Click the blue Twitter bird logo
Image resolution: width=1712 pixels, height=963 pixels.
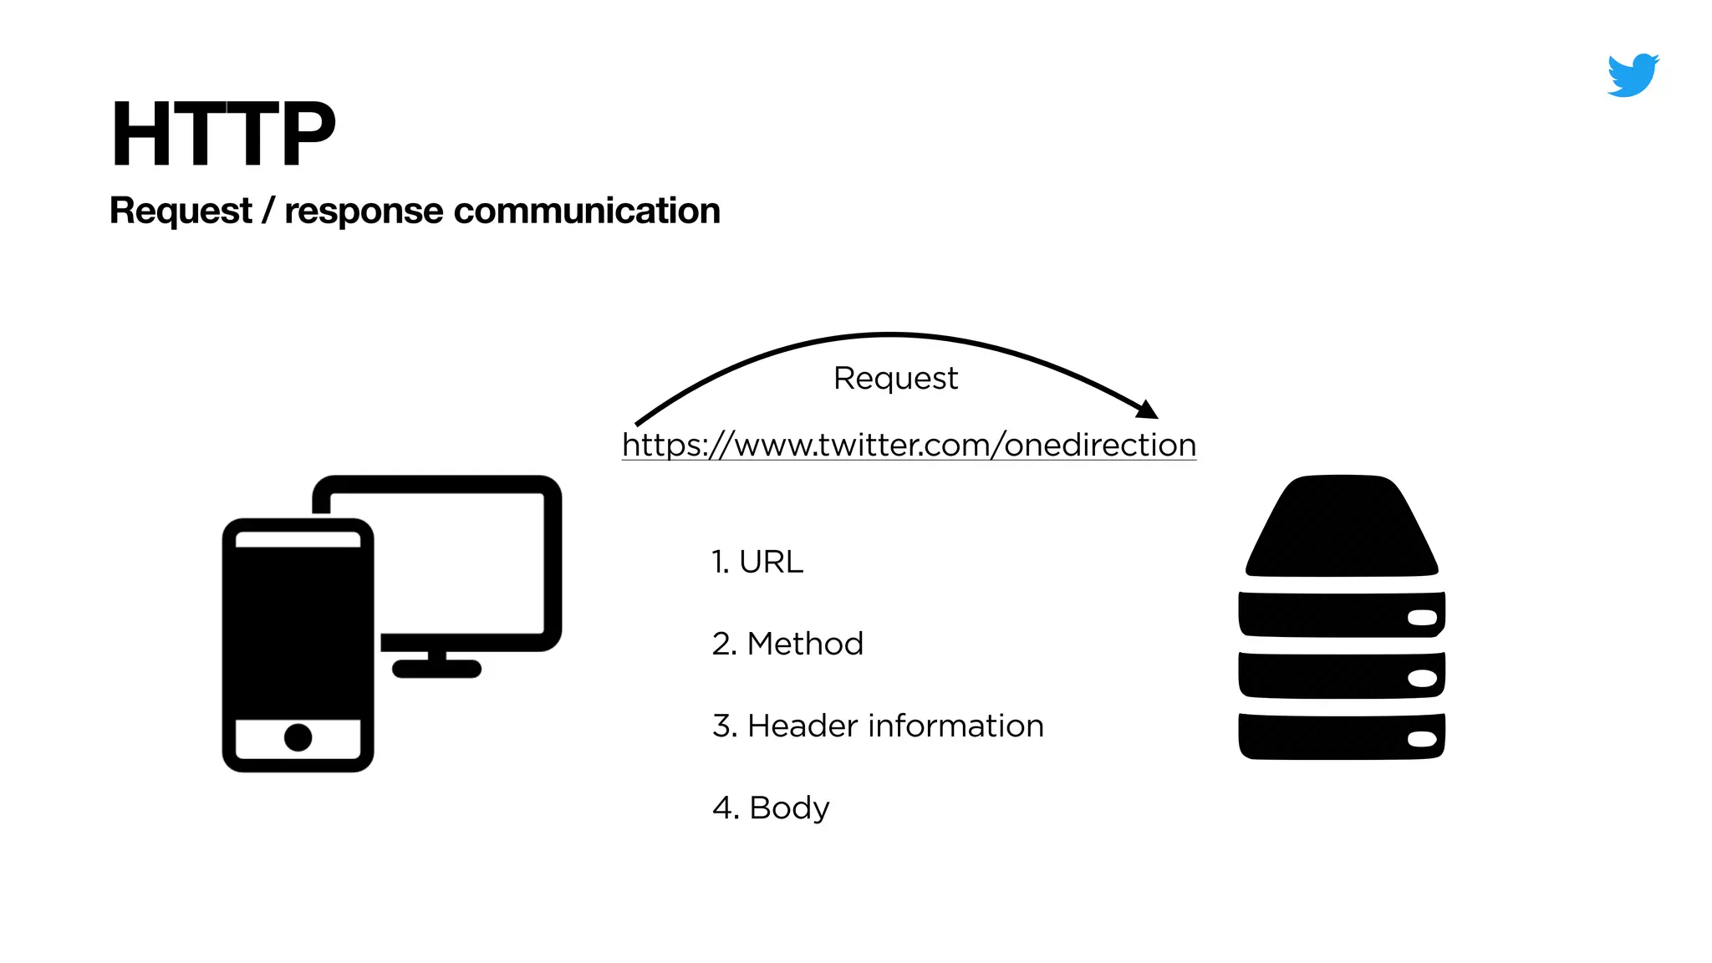tap(1632, 75)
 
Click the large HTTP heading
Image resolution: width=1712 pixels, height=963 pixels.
tap(222, 134)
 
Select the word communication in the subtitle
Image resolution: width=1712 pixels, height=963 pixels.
tap(586, 211)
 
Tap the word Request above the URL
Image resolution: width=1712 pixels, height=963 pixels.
tap(895, 379)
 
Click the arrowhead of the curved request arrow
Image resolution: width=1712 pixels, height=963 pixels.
tap(1149, 410)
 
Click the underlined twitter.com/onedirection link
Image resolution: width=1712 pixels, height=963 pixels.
tap(909, 445)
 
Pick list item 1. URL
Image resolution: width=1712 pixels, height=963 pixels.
tap(757, 562)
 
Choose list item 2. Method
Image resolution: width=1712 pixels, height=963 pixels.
tap(787, 644)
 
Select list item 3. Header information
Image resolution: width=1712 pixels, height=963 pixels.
tap(878, 726)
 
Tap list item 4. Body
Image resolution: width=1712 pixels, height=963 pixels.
tap(771, 808)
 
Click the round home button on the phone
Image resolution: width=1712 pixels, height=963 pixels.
tap(298, 737)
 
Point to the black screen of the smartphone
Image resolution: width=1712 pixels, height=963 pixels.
tap(298, 631)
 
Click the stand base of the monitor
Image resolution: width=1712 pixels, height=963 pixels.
tap(436, 669)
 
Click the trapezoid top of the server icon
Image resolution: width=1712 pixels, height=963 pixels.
tap(1342, 527)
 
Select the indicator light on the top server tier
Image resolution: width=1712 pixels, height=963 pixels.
tap(1422, 618)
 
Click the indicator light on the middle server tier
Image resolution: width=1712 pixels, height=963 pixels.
tap(1422, 678)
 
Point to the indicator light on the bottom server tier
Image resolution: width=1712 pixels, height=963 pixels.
tap(1422, 739)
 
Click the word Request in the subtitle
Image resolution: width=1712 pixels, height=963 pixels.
tap(181, 211)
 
